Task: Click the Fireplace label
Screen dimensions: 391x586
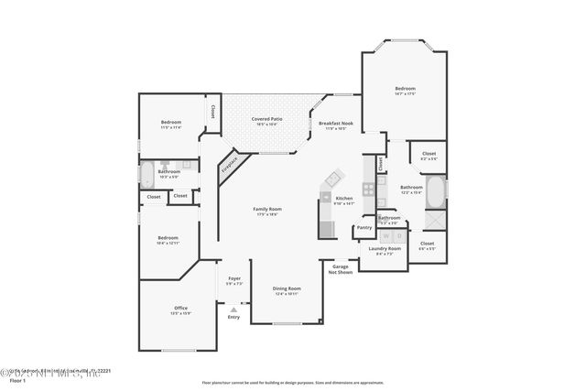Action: tap(229, 166)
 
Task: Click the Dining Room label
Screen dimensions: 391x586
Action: tap(287, 290)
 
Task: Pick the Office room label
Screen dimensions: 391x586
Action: tap(181, 310)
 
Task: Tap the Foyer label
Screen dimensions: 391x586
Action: tap(234, 280)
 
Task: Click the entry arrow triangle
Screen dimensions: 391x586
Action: tap(233, 310)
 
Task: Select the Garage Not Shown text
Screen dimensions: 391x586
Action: tap(341, 269)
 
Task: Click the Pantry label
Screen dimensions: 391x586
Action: tap(364, 227)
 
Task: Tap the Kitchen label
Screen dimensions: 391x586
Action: tap(344, 200)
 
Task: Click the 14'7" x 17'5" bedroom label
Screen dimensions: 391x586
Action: tap(405, 91)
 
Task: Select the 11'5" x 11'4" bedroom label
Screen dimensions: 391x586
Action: tap(171, 125)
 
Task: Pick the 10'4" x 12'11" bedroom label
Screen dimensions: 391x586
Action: tap(168, 240)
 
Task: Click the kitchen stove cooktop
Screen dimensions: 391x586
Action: tap(368, 190)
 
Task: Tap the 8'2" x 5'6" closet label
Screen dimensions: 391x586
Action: tap(429, 156)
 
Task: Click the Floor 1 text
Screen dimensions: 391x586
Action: tap(14, 379)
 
